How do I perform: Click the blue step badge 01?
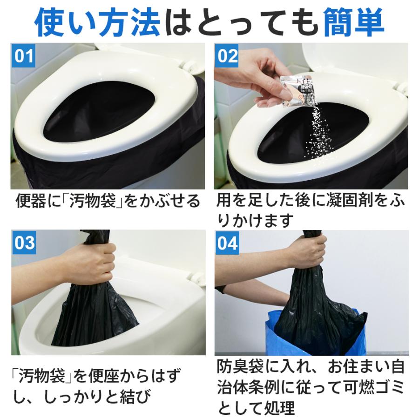23,56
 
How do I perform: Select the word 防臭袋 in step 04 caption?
245,367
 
